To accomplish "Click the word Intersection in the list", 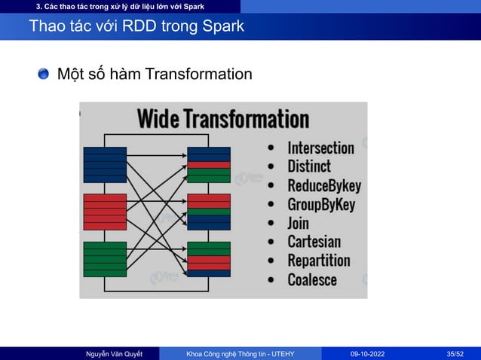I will [320, 148].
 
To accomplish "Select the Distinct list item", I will [309, 166].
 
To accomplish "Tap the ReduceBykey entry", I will [324, 185].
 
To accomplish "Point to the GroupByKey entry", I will [321, 204].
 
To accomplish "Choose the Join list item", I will [299, 223].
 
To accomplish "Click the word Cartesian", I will [314, 242].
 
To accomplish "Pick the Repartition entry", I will [318, 261].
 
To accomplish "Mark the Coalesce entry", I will [312, 279].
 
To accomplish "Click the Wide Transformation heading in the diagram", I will [222, 119].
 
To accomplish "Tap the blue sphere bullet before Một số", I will [44, 74].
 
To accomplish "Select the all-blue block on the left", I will [105, 164].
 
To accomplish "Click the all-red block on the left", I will [105, 211].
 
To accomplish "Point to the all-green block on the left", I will [105, 258].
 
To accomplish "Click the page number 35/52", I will [455, 353].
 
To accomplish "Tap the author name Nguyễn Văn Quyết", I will [114, 353].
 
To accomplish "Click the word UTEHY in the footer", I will [280, 353].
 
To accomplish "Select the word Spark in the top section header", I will [191, 7].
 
